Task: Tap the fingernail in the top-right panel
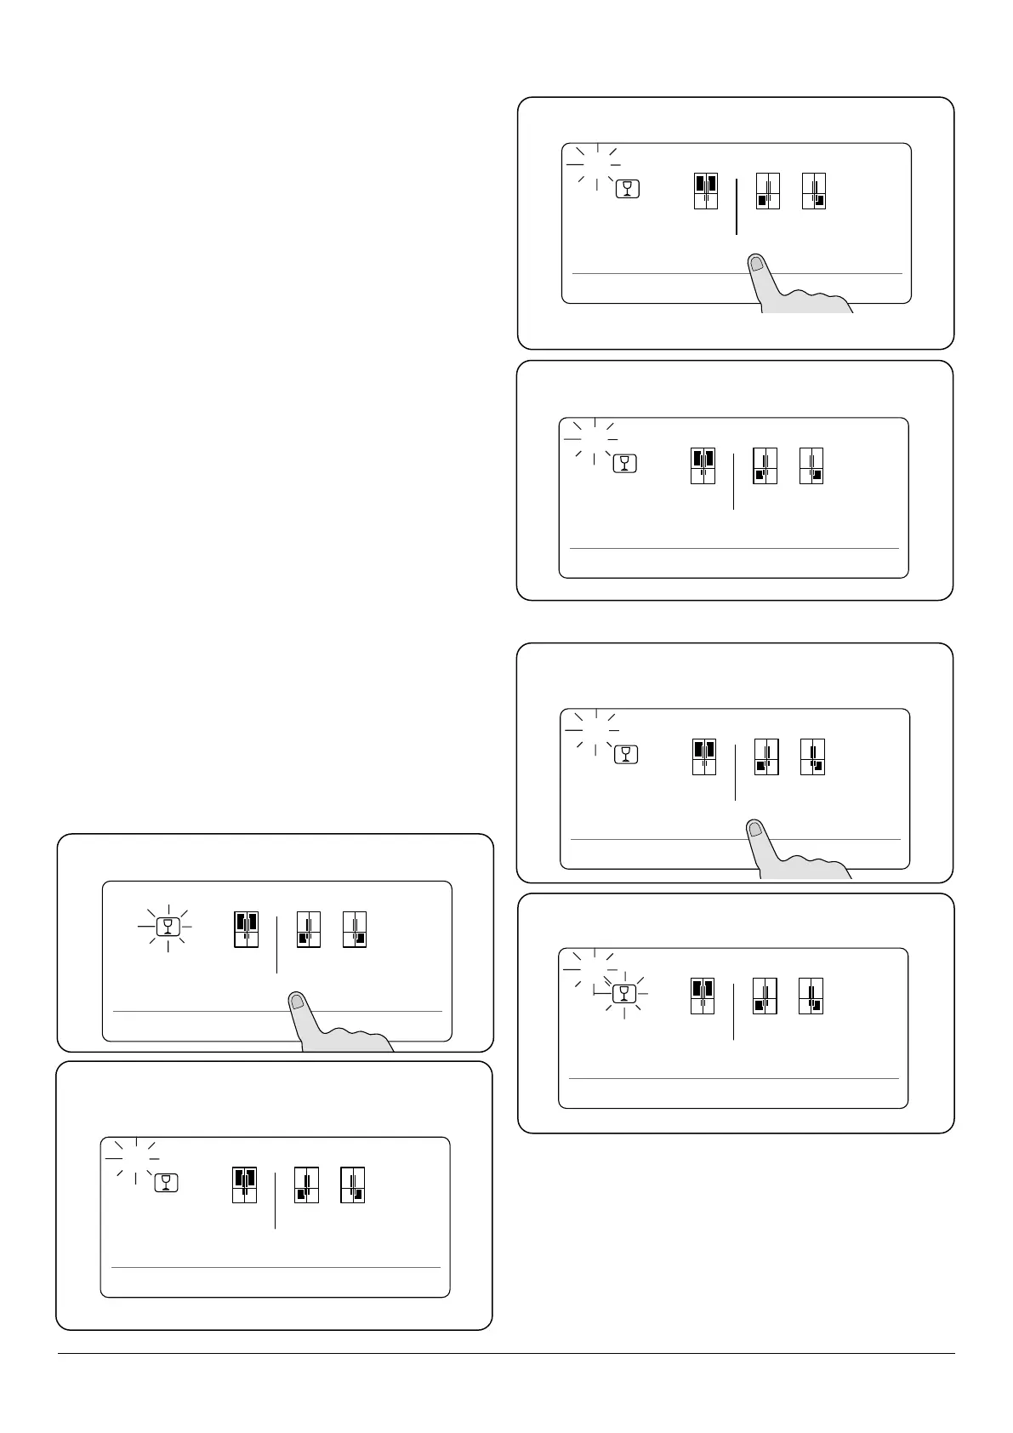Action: click(x=757, y=264)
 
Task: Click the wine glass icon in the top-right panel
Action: click(x=628, y=188)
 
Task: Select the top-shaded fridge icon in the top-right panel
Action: click(x=706, y=191)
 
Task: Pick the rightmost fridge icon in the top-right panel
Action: click(x=814, y=191)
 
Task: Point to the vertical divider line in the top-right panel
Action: click(x=736, y=207)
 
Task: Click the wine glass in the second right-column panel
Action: click(x=624, y=463)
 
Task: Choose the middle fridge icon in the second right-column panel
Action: click(x=765, y=466)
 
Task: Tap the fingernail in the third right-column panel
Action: click(x=755, y=829)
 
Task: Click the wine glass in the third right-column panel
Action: click(x=626, y=754)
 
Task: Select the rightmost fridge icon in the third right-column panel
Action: click(x=812, y=757)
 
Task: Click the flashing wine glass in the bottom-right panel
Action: click(x=624, y=993)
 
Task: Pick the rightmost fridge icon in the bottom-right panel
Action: click(x=811, y=996)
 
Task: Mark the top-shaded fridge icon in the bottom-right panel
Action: click(x=703, y=996)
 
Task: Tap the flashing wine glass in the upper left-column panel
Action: click(x=168, y=926)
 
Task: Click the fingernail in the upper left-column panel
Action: click(x=297, y=1002)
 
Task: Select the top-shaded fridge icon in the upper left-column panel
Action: click(x=246, y=929)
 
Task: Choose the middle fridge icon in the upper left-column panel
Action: click(x=309, y=929)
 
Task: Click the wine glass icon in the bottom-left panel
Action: click(x=167, y=1182)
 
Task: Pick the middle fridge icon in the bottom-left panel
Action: click(x=306, y=1185)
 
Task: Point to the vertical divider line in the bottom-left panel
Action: click(x=275, y=1201)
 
